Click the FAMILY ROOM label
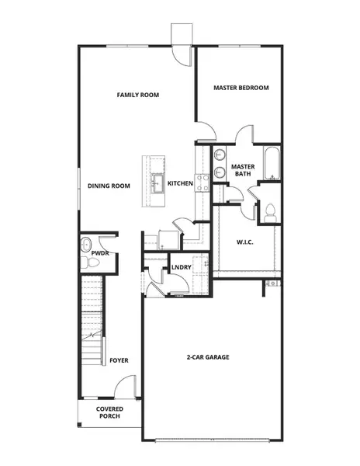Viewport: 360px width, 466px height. (137, 95)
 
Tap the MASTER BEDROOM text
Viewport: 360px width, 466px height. (241, 88)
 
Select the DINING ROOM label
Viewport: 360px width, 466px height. (109, 186)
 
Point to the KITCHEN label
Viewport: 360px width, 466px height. (180, 183)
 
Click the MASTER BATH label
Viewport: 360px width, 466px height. (243, 169)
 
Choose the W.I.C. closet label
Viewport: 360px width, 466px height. (245, 242)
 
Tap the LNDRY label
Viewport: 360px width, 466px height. (181, 268)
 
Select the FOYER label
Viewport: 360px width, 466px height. (119, 360)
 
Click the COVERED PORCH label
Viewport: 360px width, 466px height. (109, 412)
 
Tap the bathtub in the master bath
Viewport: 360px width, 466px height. (272, 162)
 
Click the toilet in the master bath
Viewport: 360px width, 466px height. (270, 210)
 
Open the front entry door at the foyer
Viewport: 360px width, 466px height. (126, 388)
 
